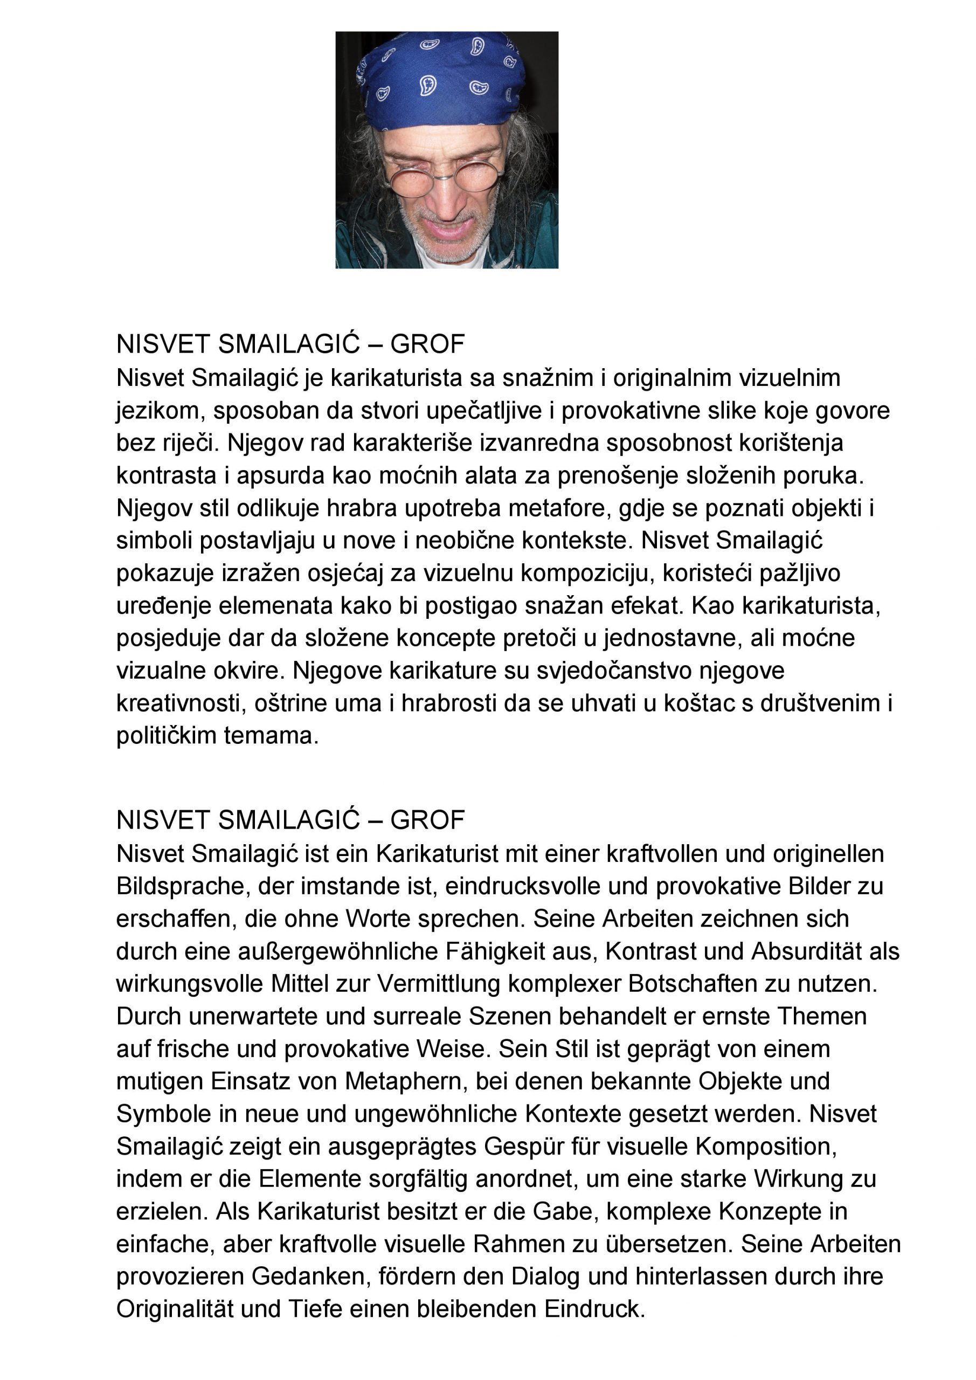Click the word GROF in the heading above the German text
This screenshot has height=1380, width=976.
[x=427, y=820]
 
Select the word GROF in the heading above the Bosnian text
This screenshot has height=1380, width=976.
[x=427, y=344]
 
